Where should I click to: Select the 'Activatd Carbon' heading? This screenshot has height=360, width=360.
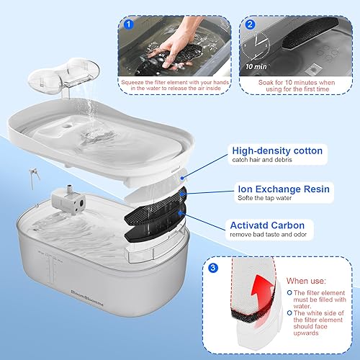(276, 225)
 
